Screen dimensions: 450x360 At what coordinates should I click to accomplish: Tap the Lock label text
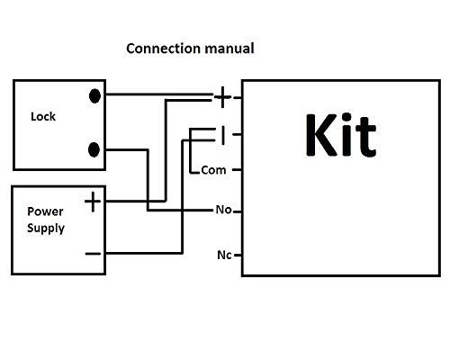tap(43, 116)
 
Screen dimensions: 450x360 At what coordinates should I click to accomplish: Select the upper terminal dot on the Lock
tap(94, 96)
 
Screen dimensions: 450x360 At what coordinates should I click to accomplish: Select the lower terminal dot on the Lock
tap(94, 149)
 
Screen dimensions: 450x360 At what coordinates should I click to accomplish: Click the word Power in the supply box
tap(45, 211)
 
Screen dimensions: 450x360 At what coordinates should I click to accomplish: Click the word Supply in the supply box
tap(46, 229)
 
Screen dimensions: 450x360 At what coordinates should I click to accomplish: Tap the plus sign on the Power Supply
tap(93, 202)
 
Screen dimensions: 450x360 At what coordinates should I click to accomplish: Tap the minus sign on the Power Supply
tap(93, 254)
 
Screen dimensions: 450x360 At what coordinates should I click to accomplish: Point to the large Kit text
tap(341, 135)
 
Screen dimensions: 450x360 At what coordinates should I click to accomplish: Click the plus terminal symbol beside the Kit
tap(222, 97)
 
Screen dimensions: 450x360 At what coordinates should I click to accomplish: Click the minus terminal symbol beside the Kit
tap(222, 135)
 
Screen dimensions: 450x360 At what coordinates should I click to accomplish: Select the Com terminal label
tap(213, 170)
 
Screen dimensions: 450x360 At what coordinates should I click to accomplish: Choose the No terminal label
tap(223, 210)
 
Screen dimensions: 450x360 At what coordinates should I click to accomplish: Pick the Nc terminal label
tap(224, 255)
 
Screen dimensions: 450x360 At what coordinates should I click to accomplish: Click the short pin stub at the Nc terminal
tap(238, 256)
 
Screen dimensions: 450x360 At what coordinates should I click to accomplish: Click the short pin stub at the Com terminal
tap(237, 170)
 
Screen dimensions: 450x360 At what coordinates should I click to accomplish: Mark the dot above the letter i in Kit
tap(346, 118)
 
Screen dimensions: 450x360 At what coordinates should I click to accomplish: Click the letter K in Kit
tap(321, 135)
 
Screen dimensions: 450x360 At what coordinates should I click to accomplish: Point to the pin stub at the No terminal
tap(238, 211)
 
